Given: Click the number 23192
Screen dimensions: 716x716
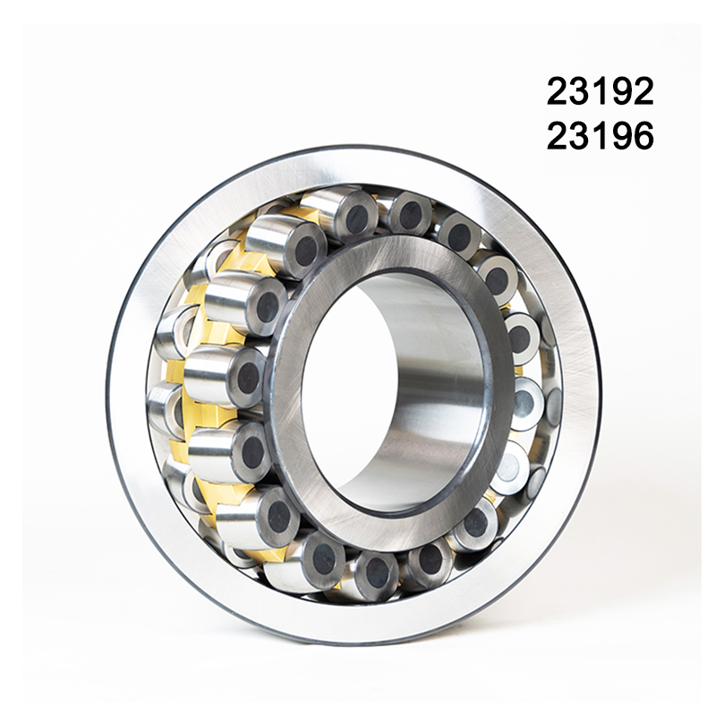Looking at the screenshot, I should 601,91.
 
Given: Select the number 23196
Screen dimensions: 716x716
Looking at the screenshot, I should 601,136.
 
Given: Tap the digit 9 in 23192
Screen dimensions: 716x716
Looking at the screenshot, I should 622,91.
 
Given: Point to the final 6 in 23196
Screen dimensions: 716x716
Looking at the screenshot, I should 644,136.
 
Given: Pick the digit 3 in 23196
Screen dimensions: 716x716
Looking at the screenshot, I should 579,136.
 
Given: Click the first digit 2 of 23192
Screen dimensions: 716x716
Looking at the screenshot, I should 558,91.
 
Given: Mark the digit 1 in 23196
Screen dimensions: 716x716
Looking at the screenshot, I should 600,136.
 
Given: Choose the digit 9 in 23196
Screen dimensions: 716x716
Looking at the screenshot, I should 622,136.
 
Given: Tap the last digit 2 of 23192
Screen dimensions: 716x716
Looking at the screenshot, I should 644,91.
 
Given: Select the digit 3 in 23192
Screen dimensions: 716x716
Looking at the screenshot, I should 579,91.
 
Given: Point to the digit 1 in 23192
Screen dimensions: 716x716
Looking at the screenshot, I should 600,91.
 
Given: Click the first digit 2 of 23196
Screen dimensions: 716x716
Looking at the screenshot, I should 558,136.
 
